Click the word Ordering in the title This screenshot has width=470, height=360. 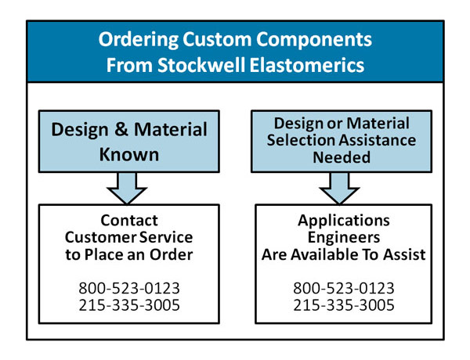(x=139, y=40)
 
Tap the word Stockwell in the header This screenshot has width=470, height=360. (x=202, y=65)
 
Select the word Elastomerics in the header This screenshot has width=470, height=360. (x=307, y=65)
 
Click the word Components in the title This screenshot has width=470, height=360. (x=314, y=39)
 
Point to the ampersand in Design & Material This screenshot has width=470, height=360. (x=121, y=129)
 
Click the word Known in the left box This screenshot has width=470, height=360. (x=129, y=154)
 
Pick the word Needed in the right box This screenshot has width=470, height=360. (x=342, y=157)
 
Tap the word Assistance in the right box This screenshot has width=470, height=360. (x=378, y=140)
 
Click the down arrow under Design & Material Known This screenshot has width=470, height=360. (x=127, y=189)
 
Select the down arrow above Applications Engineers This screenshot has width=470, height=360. (x=339, y=189)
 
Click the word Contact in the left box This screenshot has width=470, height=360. (x=129, y=221)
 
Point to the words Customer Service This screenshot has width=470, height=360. (x=129, y=237)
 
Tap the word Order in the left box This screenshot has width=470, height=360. (x=171, y=254)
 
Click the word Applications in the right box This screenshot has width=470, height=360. (x=344, y=221)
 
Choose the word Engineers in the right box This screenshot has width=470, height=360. (x=344, y=238)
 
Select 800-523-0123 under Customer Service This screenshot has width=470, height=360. (x=129, y=288)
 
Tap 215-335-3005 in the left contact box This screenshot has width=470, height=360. (x=129, y=305)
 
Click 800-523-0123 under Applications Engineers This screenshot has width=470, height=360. (x=344, y=288)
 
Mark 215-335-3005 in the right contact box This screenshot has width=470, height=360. (x=344, y=305)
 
